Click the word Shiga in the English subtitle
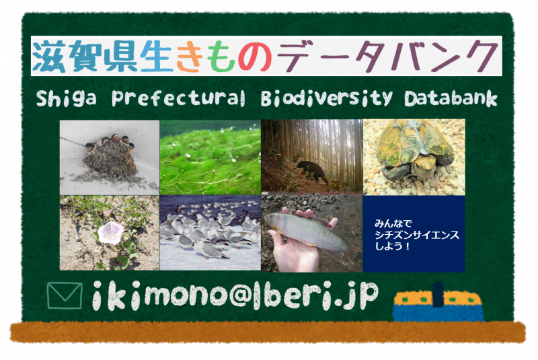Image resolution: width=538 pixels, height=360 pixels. click(66, 98)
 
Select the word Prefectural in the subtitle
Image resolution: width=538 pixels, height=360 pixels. click(178, 98)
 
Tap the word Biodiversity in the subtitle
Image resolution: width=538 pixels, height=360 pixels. click(326, 98)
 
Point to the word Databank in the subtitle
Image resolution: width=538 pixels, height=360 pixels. click(451, 98)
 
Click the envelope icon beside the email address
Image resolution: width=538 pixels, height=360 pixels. click(65, 296)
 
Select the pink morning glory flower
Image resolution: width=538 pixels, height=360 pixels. click(110, 233)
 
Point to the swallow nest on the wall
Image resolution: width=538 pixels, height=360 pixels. click(110, 155)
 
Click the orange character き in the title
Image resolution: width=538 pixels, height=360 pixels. click(188, 57)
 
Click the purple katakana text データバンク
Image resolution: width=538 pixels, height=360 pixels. click(388, 57)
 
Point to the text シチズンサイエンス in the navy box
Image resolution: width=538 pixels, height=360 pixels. click(416, 235)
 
